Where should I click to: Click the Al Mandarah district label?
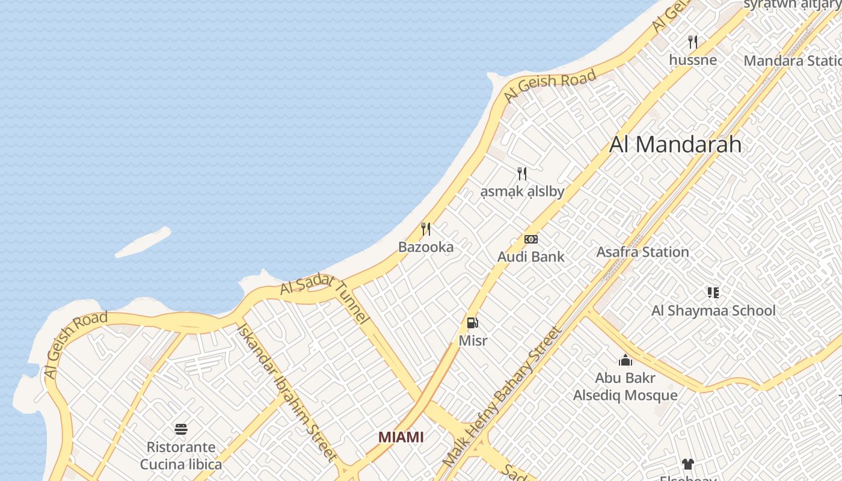click(x=675, y=145)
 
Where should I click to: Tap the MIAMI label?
click(x=401, y=437)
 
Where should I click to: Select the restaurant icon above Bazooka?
click(x=426, y=229)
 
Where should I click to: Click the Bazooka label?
click(x=426, y=247)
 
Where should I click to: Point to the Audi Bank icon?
click(x=530, y=239)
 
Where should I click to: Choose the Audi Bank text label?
click(x=530, y=257)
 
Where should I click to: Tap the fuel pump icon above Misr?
click(x=473, y=323)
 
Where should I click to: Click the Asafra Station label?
click(x=642, y=252)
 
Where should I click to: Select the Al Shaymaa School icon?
click(x=713, y=293)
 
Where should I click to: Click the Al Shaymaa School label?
click(x=713, y=311)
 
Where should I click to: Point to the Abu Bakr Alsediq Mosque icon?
click(x=625, y=360)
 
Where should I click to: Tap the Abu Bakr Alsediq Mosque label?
click(x=625, y=387)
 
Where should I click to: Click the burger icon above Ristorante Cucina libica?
click(x=181, y=429)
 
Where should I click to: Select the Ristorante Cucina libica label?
click(x=181, y=456)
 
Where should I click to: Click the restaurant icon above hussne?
click(x=693, y=42)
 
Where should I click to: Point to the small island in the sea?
click(x=143, y=242)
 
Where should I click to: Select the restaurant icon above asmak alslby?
click(x=522, y=174)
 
